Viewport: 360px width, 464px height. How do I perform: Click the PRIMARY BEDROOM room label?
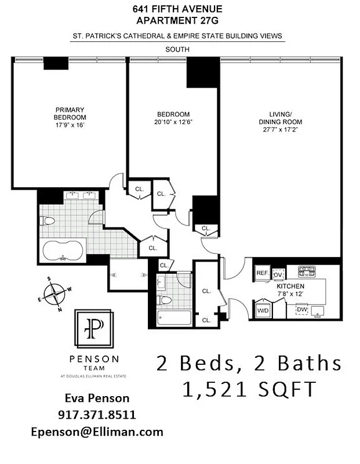pyautogui.click(x=70, y=113)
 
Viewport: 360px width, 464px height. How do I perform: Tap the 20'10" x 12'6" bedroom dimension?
pyautogui.click(x=173, y=122)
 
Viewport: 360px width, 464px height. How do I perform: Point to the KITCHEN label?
pyautogui.click(x=290, y=287)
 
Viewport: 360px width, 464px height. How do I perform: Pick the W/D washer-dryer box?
pyautogui.click(x=263, y=310)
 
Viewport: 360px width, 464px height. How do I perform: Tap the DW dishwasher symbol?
pyautogui.click(x=301, y=310)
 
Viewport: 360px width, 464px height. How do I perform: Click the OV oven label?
pyautogui.click(x=278, y=274)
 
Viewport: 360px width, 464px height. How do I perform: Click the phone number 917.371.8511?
pyautogui.click(x=97, y=415)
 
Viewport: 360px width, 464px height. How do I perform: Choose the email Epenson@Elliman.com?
pyautogui.click(x=97, y=432)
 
